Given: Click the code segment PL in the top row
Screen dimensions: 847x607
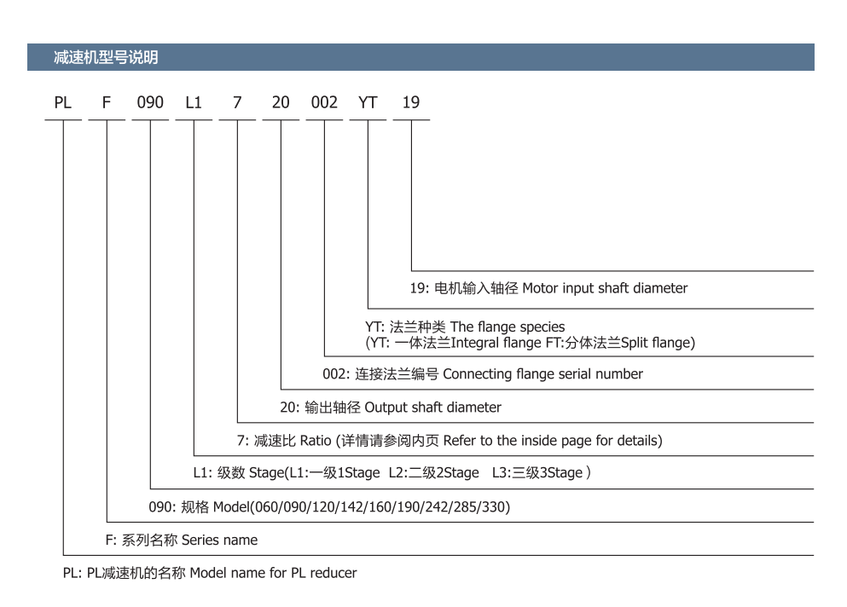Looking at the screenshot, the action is tap(62, 102).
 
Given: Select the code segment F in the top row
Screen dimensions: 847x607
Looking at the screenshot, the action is tap(107, 102).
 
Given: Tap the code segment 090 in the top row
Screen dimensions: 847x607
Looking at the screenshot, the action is tap(150, 102).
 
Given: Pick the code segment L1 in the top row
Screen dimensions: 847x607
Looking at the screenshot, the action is tap(194, 102).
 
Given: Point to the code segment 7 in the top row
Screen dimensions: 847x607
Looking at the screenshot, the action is tap(237, 102).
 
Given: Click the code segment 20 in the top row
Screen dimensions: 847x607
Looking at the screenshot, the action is tap(281, 102).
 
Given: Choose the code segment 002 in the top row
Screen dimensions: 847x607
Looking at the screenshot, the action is tap(324, 102).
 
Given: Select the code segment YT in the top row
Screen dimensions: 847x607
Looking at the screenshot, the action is tap(368, 102).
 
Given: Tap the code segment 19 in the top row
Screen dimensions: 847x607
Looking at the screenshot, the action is tap(411, 102).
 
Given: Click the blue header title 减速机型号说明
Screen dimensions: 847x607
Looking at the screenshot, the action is tap(106, 57).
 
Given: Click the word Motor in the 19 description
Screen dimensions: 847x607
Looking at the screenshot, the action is tap(540, 288).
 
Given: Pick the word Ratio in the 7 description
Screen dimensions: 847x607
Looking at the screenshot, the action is tap(316, 441).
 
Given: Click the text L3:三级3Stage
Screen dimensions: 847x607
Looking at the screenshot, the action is tap(537, 473).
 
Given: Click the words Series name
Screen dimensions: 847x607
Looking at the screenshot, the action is tap(219, 540).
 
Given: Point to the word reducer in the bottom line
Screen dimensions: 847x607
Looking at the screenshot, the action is tap(334, 573).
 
